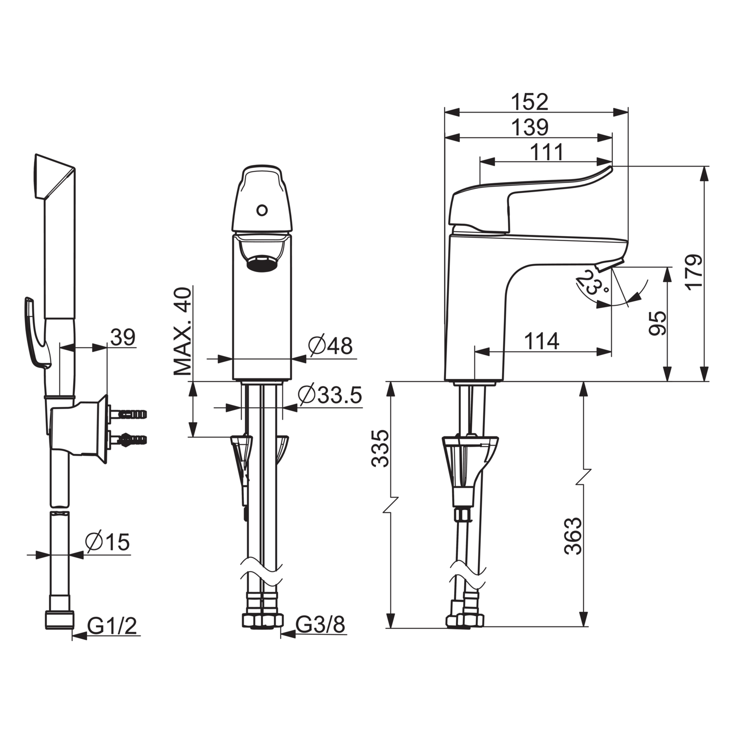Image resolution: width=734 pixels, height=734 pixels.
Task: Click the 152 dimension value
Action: (529, 102)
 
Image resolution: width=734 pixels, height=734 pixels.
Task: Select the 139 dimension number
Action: (529, 127)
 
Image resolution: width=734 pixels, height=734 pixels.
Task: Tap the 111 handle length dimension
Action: (547, 153)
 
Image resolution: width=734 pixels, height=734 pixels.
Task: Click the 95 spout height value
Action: (658, 323)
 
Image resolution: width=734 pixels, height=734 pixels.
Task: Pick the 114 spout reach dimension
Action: (542, 341)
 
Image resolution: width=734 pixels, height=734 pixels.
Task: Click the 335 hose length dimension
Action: (380, 448)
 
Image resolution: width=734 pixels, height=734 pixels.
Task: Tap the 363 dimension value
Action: (573, 536)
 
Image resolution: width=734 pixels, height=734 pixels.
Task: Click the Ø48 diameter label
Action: (330, 346)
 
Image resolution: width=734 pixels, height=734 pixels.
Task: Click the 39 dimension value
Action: (123, 337)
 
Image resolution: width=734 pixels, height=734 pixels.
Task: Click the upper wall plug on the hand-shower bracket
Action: (128, 414)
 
